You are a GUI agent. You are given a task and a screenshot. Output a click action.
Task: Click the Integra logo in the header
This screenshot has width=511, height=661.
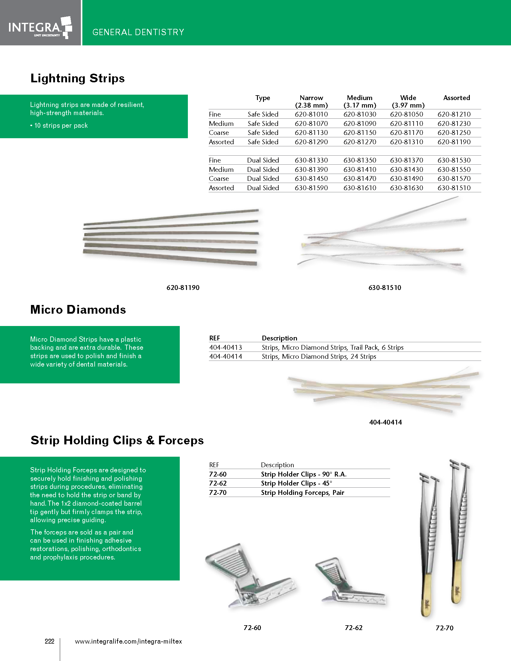pyautogui.click(x=40, y=28)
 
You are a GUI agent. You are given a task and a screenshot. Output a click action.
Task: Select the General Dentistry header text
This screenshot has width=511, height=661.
pyautogui.click(x=138, y=32)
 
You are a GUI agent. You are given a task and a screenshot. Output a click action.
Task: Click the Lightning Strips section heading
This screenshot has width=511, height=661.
pyautogui.click(x=78, y=78)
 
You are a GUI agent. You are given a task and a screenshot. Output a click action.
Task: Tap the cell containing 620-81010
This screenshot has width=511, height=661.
pyautogui.click(x=311, y=114)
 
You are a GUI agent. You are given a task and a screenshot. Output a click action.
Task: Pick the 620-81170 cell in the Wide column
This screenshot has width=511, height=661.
pyautogui.click(x=407, y=133)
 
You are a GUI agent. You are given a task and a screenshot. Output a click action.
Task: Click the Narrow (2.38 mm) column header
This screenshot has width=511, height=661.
pyautogui.click(x=311, y=101)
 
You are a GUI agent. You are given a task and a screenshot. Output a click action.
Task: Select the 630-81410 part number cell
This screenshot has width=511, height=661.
pyautogui.click(x=360, y=169)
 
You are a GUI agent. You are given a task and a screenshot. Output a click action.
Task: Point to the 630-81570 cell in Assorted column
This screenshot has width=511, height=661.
pyautogui.click(x=454, y=178)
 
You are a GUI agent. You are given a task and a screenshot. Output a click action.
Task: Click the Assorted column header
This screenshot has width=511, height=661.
pyautogui.click(x=457, y=98)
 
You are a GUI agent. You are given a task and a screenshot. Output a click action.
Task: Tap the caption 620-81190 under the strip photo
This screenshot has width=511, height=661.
pyautogui.click(x=183, y=288)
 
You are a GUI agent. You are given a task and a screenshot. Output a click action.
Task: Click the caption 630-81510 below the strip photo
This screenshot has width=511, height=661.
pyautogui.click(x=385, y=288)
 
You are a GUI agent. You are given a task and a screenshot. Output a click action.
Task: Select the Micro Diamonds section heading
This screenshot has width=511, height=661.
pyautogui.click(x=78, y=309)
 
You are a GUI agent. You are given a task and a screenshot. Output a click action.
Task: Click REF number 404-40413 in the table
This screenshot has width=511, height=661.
pyautogui.click(x=225, y=347)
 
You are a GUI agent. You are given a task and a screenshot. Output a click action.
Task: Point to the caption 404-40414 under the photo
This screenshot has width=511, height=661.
pyautogui.click(x=385, y=422)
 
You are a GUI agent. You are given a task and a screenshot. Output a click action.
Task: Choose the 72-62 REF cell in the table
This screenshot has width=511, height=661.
pyautogui.click(x=218, y=483)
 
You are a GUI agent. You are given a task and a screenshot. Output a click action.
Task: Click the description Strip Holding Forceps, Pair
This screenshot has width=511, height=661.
pyautogui.click(x=302, y=492)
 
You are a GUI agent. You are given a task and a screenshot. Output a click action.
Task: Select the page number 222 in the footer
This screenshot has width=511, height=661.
pyautogui.click(x=49, y=641)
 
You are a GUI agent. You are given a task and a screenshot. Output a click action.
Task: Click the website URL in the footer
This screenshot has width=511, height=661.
pyautogui.click(x=128, y=641)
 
